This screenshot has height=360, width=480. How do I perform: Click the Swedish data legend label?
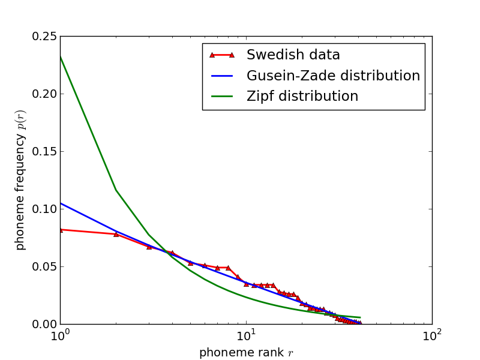[293, 55]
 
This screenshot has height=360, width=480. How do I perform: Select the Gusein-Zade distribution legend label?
[333, 76]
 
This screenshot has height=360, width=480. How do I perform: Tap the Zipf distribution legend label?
[302, 97]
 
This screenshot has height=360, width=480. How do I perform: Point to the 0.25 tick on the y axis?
[44, 37]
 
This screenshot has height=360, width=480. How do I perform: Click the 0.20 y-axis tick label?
[44, 94]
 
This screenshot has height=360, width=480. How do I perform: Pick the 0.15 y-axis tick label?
[44, 152]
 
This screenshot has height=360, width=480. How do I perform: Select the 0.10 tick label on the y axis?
[44, 209]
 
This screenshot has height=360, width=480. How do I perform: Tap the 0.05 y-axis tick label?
[44, 266]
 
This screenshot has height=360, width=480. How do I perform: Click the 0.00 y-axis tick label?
[44, 324]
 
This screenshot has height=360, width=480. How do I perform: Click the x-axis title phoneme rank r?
[246, 353]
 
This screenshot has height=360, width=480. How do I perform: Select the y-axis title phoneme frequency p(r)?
[20, 180]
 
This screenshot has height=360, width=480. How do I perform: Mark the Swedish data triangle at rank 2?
[116, 234]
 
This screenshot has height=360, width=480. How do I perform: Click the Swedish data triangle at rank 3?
[149, 247]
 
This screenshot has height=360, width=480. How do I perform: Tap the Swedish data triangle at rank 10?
[246, 284]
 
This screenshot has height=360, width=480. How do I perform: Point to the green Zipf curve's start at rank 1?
[60, 56]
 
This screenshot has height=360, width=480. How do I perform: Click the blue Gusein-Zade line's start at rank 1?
[60, 203]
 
